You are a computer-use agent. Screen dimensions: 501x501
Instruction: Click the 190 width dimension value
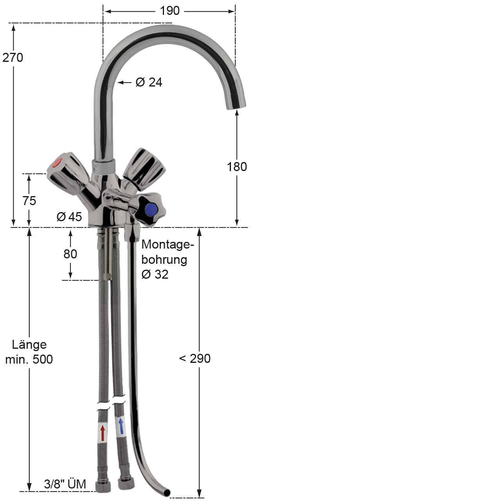coord(169,11)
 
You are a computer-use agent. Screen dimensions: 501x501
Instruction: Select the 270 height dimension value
coord(13,58)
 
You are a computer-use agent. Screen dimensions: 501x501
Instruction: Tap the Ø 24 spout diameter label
coord(149,83)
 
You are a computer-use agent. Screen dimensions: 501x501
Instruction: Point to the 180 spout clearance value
coord(237,167)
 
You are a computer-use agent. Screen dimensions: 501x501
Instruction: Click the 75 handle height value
coord(29,201)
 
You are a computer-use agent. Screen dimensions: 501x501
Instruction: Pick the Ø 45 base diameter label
coord(69,216)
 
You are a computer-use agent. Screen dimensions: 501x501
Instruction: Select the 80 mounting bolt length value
coord(70,254)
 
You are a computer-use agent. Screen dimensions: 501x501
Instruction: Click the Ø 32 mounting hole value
coord(155,274)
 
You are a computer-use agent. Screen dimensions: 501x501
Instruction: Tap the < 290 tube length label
coord(195,359)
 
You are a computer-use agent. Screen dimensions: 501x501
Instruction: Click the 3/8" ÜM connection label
coord(65,484)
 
